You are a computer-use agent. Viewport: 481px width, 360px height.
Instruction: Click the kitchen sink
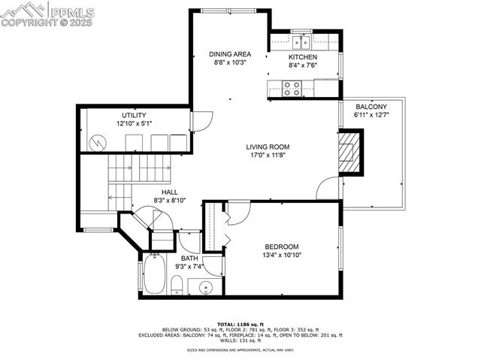click(301, 41)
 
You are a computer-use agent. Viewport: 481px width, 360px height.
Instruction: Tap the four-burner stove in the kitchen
click(292, 89)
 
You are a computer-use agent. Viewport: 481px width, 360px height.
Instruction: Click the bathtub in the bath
click(154, 275)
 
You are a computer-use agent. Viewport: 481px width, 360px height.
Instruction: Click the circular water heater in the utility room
click(96, 141)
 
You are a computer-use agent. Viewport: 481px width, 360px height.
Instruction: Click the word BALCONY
click(372, 107)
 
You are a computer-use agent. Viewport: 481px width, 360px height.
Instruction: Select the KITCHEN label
click(303, 57)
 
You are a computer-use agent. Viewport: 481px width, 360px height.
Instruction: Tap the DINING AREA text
click(230, 54)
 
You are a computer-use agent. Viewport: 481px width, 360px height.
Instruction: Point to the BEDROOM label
click(282, 247)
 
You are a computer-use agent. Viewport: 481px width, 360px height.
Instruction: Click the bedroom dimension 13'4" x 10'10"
click(282, 256)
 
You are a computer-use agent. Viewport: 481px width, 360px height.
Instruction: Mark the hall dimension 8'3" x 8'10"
click(169, 201)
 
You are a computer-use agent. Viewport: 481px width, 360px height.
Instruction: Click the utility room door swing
click(198, 120)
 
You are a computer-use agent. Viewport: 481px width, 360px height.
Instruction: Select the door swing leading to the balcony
click(328, 189)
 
